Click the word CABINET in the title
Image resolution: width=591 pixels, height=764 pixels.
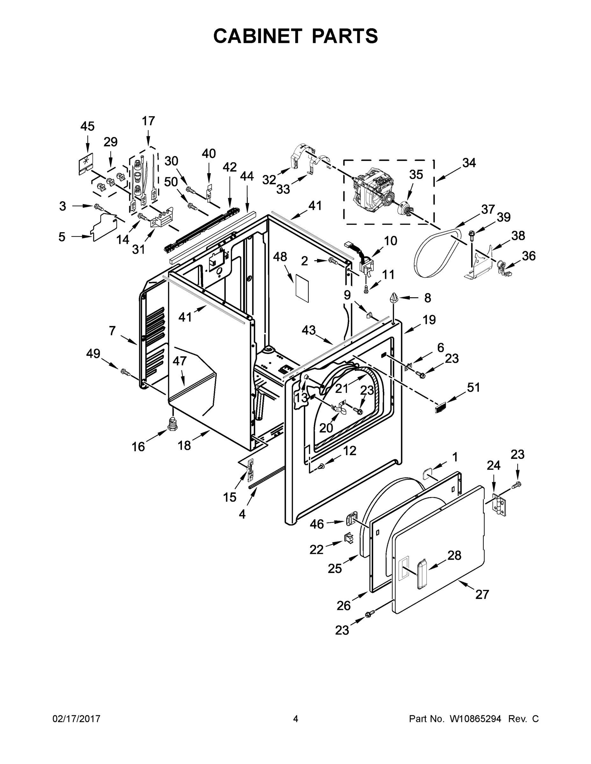(257, 36)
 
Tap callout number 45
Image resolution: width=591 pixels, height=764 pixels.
(87, 126)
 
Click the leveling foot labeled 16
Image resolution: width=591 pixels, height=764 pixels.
(172, 424)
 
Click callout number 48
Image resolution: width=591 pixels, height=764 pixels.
(280, 257)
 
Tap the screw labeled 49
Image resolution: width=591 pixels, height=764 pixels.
(125, 372)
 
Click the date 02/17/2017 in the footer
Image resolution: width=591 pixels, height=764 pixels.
(76, 719)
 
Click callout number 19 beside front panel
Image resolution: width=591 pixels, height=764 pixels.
(429, 320)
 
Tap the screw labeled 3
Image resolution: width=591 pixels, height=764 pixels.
(99, 208)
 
